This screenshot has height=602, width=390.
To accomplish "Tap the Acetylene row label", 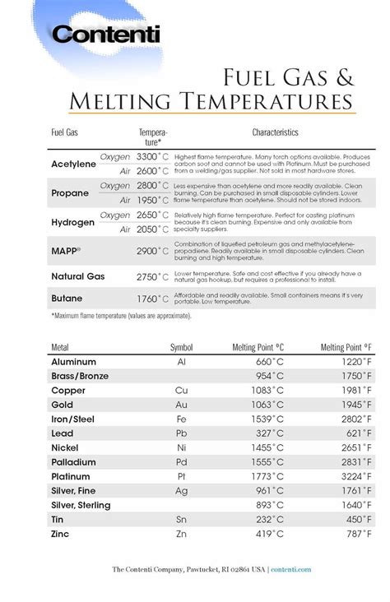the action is click(74, 164).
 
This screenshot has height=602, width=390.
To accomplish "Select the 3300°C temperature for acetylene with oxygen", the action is click(153, 156).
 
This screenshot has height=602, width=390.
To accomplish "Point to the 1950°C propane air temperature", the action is click(153, 200).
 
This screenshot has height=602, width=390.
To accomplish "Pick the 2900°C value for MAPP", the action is click(153, 251).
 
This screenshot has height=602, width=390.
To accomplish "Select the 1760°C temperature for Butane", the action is click(153, 300).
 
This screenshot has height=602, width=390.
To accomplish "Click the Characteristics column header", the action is click(275, 132).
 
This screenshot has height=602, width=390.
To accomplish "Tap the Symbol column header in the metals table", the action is click(181, 347).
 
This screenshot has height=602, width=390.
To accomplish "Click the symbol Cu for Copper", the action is click(182, 390).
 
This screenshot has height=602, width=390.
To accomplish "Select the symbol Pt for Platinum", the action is click(182, 476).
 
